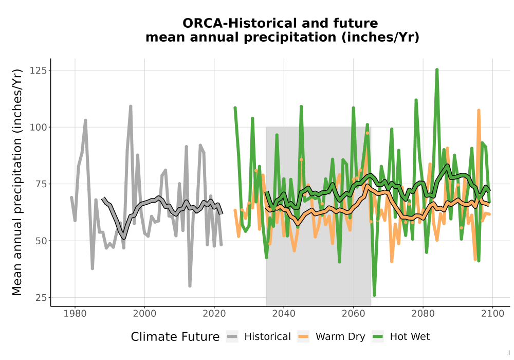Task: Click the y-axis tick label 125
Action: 38,70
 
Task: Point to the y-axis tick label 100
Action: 38,127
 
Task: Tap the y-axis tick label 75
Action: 41,184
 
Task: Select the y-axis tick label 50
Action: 41,241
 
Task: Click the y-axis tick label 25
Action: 41,298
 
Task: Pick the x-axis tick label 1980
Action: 75,314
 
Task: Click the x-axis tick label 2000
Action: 144,314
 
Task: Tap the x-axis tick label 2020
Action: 214,314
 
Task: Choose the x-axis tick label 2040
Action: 284,314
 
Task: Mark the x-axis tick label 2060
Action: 354,314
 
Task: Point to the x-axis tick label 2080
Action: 423,314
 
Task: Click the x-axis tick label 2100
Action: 492,314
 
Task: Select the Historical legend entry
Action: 259,337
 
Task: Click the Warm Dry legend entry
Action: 331,337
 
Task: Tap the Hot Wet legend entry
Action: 400,337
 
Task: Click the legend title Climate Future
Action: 175,337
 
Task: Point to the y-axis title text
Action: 17,182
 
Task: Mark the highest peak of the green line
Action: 437,69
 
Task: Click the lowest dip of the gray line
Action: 190,286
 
